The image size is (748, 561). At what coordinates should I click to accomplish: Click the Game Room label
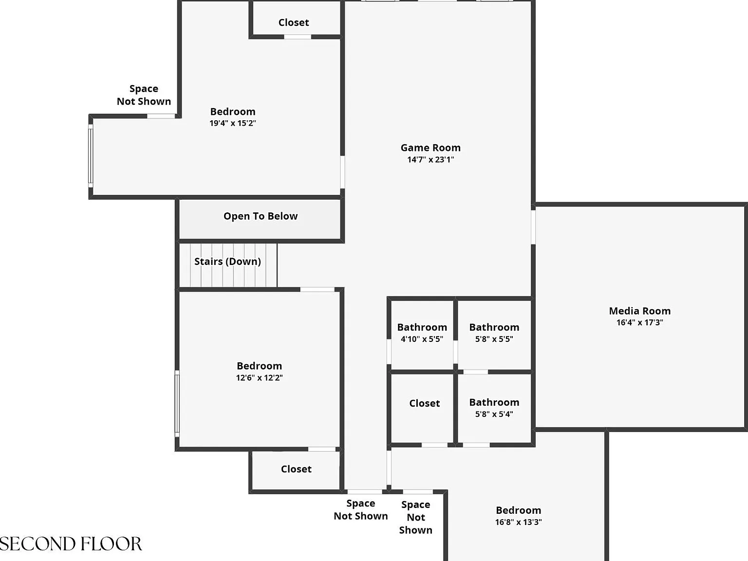(430, 148)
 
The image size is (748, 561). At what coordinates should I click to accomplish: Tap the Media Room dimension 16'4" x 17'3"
(639, 322)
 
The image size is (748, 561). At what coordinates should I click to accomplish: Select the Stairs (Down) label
(227, 261)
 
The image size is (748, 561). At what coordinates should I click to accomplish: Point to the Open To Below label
(261, 216)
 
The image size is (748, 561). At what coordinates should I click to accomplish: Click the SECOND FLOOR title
(71, 543)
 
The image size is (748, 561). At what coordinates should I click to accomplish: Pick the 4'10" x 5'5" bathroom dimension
(422, 339)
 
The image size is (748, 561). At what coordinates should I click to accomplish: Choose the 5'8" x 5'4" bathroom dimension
(494, 414)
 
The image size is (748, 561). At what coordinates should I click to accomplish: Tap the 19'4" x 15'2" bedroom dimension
(233, 123)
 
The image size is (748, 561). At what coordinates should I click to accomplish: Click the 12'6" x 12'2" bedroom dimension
(260, 377)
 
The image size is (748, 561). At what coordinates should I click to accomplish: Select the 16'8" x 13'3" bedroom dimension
(518, 522)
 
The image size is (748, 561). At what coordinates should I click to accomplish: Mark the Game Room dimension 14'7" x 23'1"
(430, 159)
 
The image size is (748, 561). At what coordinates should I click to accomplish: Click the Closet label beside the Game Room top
(294, 22)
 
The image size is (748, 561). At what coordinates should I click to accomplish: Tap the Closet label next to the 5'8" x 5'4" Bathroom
(424, 403)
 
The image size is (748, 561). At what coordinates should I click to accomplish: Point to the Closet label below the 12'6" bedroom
(296, 469)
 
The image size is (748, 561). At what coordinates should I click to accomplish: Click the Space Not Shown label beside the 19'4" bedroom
(144, 95)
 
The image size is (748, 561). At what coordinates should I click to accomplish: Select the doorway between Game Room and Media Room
(533, 227)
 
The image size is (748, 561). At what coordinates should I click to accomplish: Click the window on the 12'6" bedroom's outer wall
(177, 404)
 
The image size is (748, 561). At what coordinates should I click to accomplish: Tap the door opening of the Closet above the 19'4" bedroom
(298, 37)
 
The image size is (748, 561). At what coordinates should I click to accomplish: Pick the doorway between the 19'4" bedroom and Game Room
(342, 172)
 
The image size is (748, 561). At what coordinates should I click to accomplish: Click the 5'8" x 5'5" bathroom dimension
(494, 339)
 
